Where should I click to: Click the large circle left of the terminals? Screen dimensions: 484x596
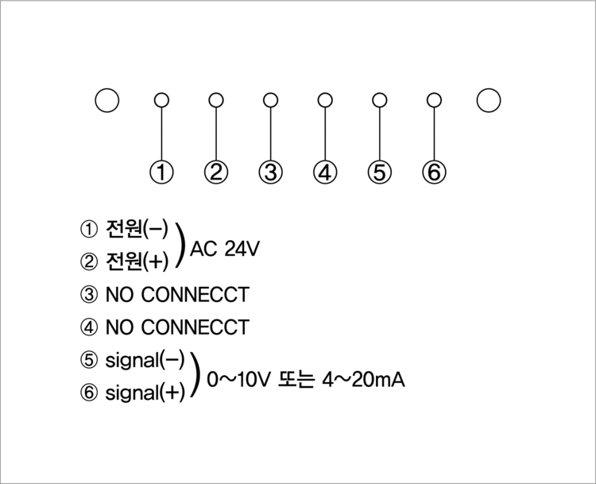(x=106, y=100)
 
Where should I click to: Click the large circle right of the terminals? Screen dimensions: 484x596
(x=490, y=99)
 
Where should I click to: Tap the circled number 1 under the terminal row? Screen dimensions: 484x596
(x=161, y=172)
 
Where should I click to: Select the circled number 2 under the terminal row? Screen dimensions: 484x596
(x=215, y=172)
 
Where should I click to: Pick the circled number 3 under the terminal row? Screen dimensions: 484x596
(x=270, y=172)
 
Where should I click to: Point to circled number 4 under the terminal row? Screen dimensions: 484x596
(x=324, y=172)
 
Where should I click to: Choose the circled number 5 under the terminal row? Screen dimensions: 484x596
(x=380, y=172)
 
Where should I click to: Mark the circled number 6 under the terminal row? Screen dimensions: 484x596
(x=434, y=172)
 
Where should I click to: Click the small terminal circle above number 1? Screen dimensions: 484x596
(x=161, y=100)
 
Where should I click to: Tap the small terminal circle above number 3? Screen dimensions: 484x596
(x=270, y=100)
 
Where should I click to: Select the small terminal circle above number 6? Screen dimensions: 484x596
(x=434, y=100)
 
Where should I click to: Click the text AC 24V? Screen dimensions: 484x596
(x=224, y=248)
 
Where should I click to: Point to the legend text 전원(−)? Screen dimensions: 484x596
(x=137, y=230)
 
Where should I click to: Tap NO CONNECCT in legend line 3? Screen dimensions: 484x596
(x=176, y=295)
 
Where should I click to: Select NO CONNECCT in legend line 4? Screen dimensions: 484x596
(x=176, y=327)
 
